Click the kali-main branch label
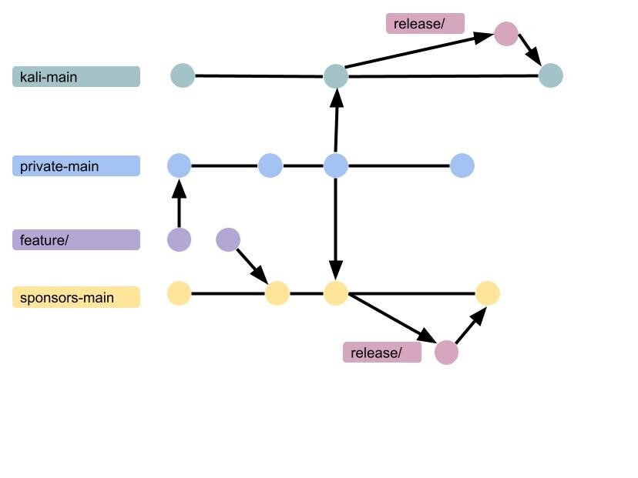(76, 77)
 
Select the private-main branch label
(76, 166)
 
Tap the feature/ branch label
(76, 240)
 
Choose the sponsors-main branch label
(76, 297)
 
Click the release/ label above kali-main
(425, 24)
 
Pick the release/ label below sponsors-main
(382, 353)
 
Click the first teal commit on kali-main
(183, 75)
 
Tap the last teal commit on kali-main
(551, 75)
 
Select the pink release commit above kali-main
(505, 34)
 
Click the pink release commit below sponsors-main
(446, 353)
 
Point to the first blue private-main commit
(179, 165)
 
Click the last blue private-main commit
(462, 165)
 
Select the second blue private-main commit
(270, 165)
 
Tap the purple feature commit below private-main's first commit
(179, 240)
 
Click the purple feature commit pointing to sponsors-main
(228, 240)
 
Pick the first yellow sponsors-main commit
(179, 293)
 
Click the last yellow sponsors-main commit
(487, 293)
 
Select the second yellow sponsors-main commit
(277, 293)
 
